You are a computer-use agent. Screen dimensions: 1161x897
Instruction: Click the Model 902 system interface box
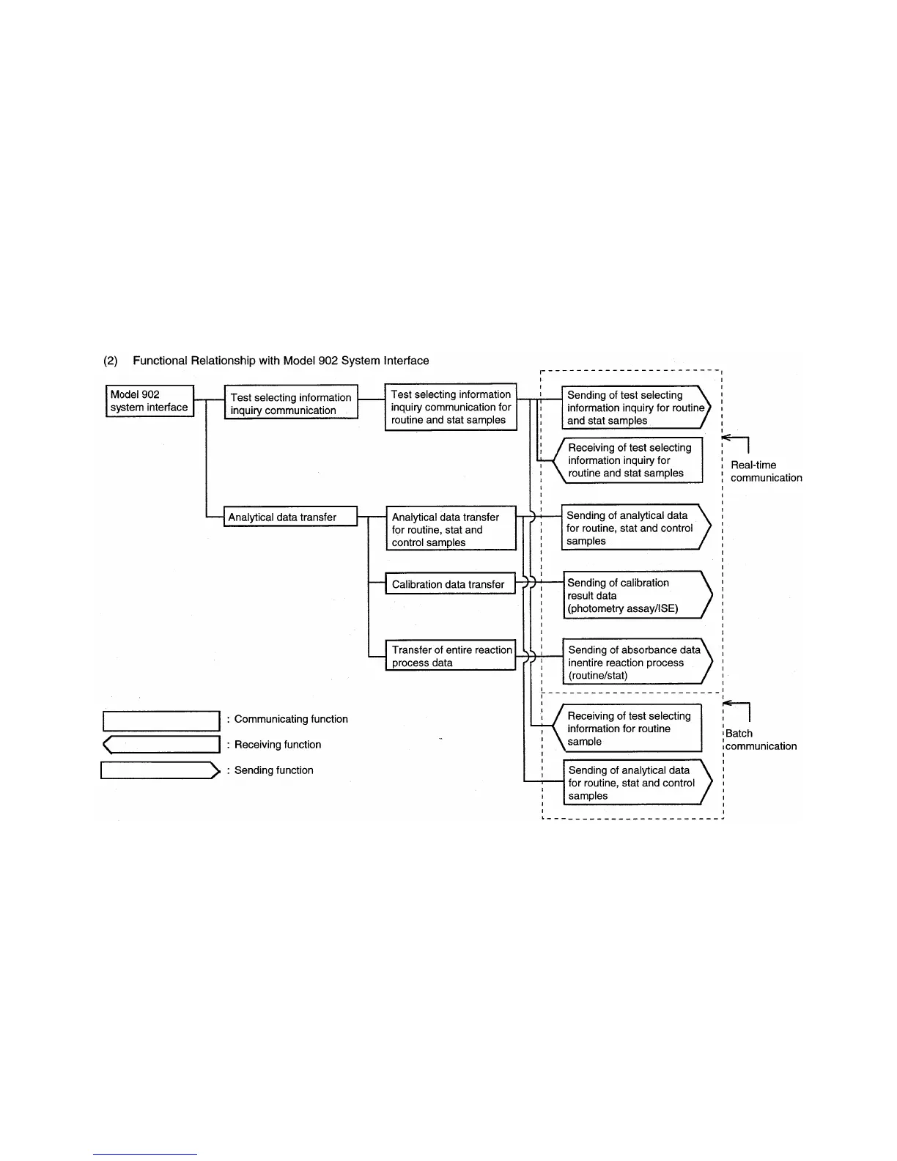point(149,401)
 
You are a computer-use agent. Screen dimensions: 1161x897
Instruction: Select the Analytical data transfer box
point(290,517)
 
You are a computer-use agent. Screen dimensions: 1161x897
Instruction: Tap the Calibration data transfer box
point(450,584)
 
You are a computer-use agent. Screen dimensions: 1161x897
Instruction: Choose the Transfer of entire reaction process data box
point(451,655)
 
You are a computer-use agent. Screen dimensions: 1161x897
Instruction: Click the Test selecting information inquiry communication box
point(290,403)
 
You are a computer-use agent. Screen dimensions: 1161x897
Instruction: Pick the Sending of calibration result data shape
point(635,595)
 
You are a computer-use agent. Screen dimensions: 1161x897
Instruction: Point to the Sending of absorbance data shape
point(635,662)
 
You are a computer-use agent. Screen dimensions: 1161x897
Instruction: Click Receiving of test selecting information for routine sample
point(630,728)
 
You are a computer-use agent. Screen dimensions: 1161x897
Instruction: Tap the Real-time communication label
point(766,471)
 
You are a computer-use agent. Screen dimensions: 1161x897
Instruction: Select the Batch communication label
point(761,740)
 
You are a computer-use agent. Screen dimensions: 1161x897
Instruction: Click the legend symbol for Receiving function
point(161,745)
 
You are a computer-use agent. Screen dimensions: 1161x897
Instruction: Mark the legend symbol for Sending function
point(160,770)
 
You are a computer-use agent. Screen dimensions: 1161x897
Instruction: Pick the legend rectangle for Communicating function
point(161,720)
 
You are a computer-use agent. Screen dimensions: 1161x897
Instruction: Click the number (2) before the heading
point(111,361)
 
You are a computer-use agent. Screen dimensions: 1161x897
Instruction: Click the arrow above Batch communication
point(737,708)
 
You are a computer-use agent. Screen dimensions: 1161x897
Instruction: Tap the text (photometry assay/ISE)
point(622,608)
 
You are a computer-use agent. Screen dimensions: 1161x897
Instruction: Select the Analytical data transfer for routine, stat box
point(451,529)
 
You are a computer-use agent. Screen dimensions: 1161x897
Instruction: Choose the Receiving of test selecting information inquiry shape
point(630,460)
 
